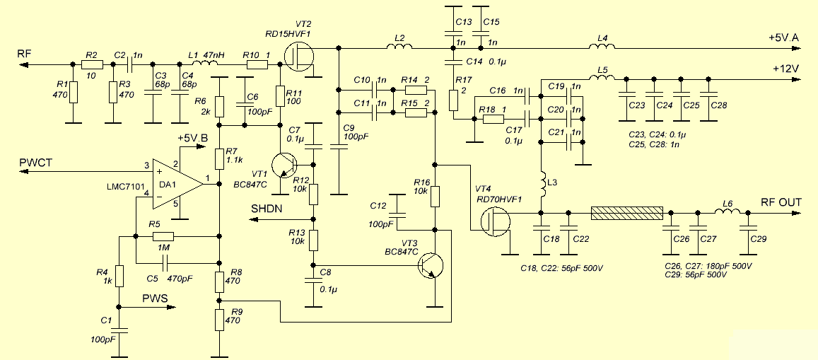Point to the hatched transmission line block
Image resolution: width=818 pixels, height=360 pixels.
pos(626,213)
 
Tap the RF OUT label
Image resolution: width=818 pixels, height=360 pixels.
pos(781,202)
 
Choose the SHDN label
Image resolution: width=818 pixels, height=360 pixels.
pos(267,209)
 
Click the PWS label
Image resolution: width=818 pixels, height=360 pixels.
pos(155,298)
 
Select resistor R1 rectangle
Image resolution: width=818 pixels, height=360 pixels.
pos(71,91)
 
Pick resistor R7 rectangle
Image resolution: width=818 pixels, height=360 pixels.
pos(219,158)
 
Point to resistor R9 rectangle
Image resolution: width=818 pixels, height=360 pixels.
pos(219,320)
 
